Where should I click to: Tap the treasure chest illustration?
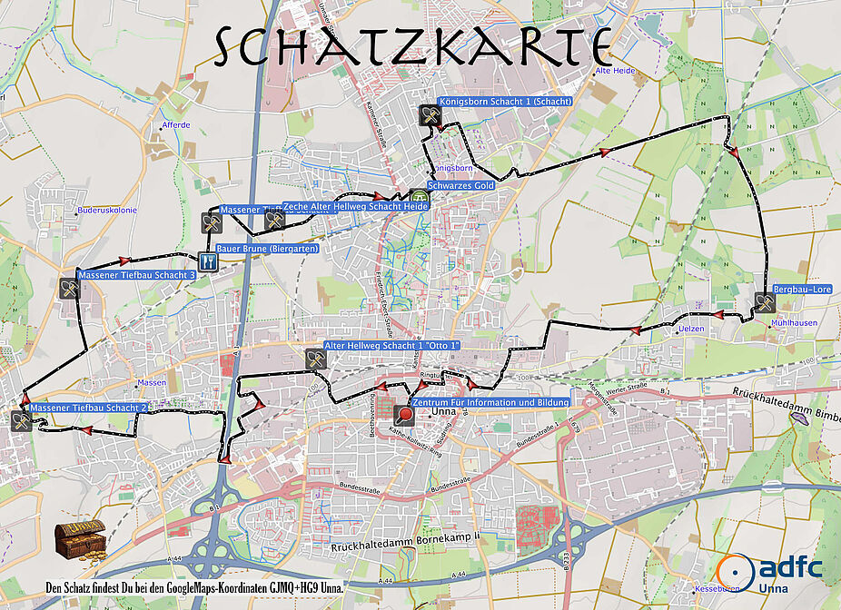79,542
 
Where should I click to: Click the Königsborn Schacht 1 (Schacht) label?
505,102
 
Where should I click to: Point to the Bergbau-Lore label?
802,290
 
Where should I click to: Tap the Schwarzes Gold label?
462,184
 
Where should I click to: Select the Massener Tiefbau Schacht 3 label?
137,274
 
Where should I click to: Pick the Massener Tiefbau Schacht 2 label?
88,408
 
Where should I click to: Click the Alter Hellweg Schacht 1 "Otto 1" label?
392,346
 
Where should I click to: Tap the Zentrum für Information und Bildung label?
490,402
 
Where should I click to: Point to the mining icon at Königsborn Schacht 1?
430,115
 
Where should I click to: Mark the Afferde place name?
175,125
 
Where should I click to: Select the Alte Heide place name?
614,70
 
